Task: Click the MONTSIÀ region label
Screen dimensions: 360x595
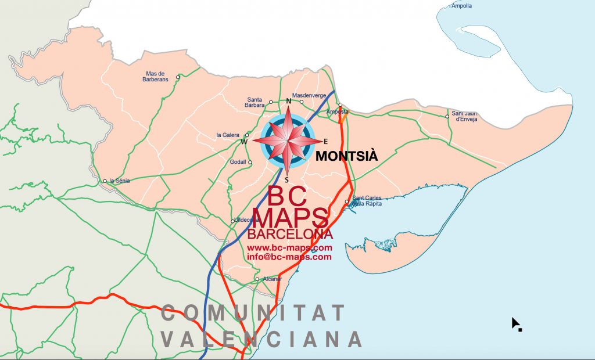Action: tap(347, 156)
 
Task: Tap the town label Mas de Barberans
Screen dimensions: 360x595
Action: tap(155, 77)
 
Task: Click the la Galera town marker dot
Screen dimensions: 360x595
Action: tap(247, 135)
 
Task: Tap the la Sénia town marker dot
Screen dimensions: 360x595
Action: tap(105, 181)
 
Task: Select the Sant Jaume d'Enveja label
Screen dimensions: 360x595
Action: tap(464, 116)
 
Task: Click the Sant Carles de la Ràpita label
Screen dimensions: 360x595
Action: tap(367, 201)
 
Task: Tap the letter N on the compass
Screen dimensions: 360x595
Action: tap(289, 102)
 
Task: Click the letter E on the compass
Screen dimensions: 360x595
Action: tap(325, 141)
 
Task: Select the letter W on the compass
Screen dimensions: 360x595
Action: tap(245, 142)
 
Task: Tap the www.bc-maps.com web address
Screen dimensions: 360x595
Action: tap(289, 248)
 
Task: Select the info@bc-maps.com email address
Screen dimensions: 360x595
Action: tap(289, 257)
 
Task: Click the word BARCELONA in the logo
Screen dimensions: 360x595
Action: tap(290, 235)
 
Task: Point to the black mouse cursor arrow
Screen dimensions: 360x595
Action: tap(515, 323)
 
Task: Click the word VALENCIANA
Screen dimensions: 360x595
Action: tap(261, 339)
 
